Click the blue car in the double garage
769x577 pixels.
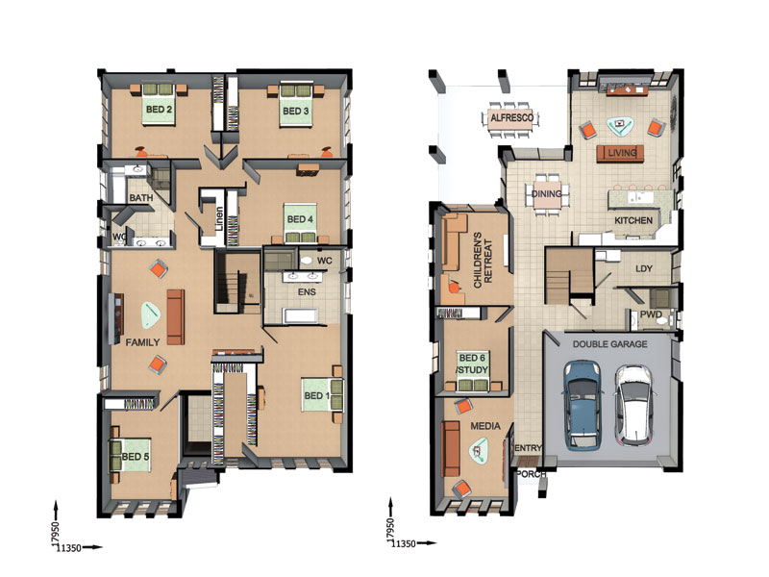(x=583, y=405)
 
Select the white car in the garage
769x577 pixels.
(x=634, y=405)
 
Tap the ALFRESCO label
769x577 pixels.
(x=512, y=117)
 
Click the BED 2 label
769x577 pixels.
(x=159, y=110)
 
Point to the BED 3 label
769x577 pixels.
(x=296, y=111)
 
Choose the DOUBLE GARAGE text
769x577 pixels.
(x=610, y=344)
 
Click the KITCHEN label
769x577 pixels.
(x=633, y=220)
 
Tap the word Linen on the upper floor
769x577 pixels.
(x=219, y=219)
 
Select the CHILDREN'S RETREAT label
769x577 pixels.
(x=483, y=260)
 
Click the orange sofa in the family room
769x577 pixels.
(x=176, y=317)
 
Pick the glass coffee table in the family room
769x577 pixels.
(x=151, y=315)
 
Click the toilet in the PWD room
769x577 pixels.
(x=663, y=321)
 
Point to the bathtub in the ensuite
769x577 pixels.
(x=301, y=315)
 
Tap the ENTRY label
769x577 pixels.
(x=528, y=448)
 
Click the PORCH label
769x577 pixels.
(x=532, y=474)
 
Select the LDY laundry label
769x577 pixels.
(x=644, y=269)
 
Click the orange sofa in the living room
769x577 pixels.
(x=620, y=153)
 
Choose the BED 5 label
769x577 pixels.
(x=135, y=457)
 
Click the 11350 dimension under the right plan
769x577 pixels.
(x=403, y=543)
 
